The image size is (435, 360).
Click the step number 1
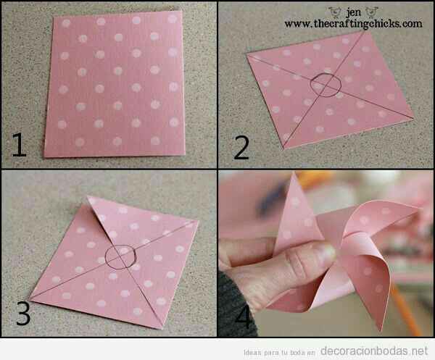click(19, 146)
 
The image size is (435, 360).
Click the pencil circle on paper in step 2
click(323, 86)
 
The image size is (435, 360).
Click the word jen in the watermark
click(353, 11)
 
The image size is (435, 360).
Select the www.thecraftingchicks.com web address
click(353, 23)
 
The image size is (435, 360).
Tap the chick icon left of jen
click(334, 11)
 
